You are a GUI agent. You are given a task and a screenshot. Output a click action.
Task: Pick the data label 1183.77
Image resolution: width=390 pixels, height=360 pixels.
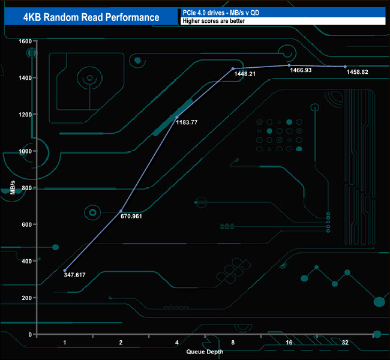187,122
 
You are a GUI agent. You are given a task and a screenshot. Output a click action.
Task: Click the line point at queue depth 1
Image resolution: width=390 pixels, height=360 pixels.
65,270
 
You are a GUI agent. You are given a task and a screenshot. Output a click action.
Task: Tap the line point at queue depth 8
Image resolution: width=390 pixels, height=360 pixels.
233,69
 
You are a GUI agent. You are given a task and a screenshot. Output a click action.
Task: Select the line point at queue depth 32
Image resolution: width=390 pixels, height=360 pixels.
345,67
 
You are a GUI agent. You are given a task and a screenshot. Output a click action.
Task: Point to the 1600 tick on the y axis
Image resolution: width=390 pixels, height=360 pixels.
25,41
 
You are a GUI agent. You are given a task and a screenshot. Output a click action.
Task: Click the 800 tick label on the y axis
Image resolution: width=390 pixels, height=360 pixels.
26,188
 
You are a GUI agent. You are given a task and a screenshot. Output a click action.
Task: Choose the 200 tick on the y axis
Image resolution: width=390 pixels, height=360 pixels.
26,298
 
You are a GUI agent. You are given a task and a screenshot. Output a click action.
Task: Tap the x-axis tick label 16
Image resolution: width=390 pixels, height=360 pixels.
289,343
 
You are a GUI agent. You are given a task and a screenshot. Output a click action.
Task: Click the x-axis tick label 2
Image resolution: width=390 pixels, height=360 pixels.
121,343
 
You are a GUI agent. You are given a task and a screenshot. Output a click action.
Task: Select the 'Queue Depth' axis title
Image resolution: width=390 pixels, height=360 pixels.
205,352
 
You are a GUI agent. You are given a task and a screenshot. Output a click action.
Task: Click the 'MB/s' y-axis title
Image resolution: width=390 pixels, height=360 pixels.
13,188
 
